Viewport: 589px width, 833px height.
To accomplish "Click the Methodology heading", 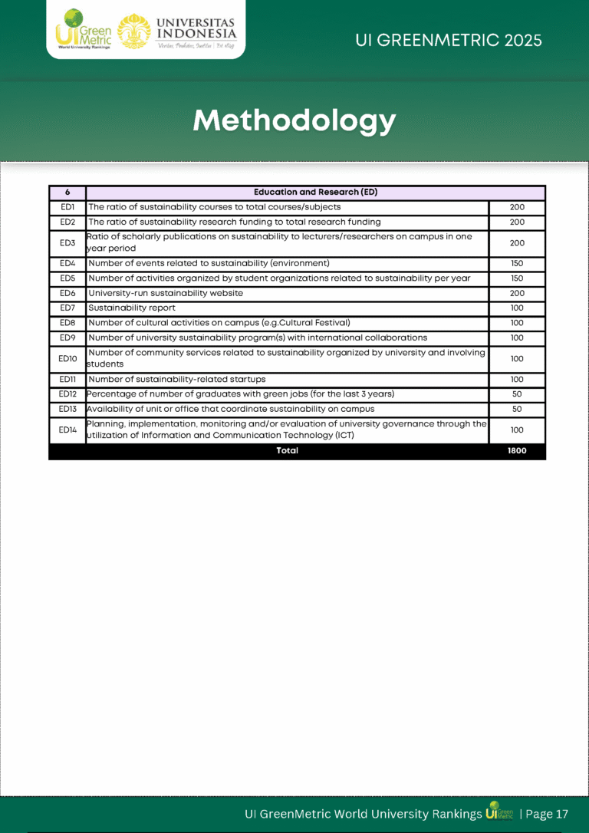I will pyautogui.click(x=294, y=120).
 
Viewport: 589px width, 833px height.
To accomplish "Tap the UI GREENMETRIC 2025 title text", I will pyautogui.click(x=449, y=40).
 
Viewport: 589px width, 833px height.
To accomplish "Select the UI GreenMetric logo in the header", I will pyautogui.click(x=83, y=31).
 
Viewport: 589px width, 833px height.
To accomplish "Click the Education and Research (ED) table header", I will pyautogui.click(x=315, y=193).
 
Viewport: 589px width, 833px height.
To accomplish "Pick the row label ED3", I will pyautogui.click(x=67, y=243).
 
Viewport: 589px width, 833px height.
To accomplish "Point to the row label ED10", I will pyautogui.click(x=67, y=359).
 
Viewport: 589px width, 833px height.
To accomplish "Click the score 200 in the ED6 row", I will pyautogui.click(x=517, y=294).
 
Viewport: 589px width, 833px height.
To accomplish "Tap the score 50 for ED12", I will pyautogui.click(x=517, y=394).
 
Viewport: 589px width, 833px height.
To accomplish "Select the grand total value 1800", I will pyautogui.click(x=517, y=451).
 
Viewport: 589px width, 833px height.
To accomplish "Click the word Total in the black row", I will pyautogui.click(x=287, y=451).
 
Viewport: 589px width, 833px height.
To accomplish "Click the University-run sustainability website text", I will pyautogui.click(x=166, y=294).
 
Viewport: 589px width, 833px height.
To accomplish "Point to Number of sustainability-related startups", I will pyautogui.click(x=177, y=380).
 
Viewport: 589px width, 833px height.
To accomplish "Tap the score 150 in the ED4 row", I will pyautogui.click(x=517, y=264).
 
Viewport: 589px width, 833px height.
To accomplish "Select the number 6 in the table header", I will pyautogui.click(x=67, y=193).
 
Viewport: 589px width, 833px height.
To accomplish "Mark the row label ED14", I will pyautogui.click(x=67, y=430).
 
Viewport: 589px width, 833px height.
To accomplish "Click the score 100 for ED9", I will pyautogui.click(x=517, y=338).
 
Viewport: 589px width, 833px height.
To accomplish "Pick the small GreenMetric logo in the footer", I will pyautogui.click(x=500, y=812).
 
